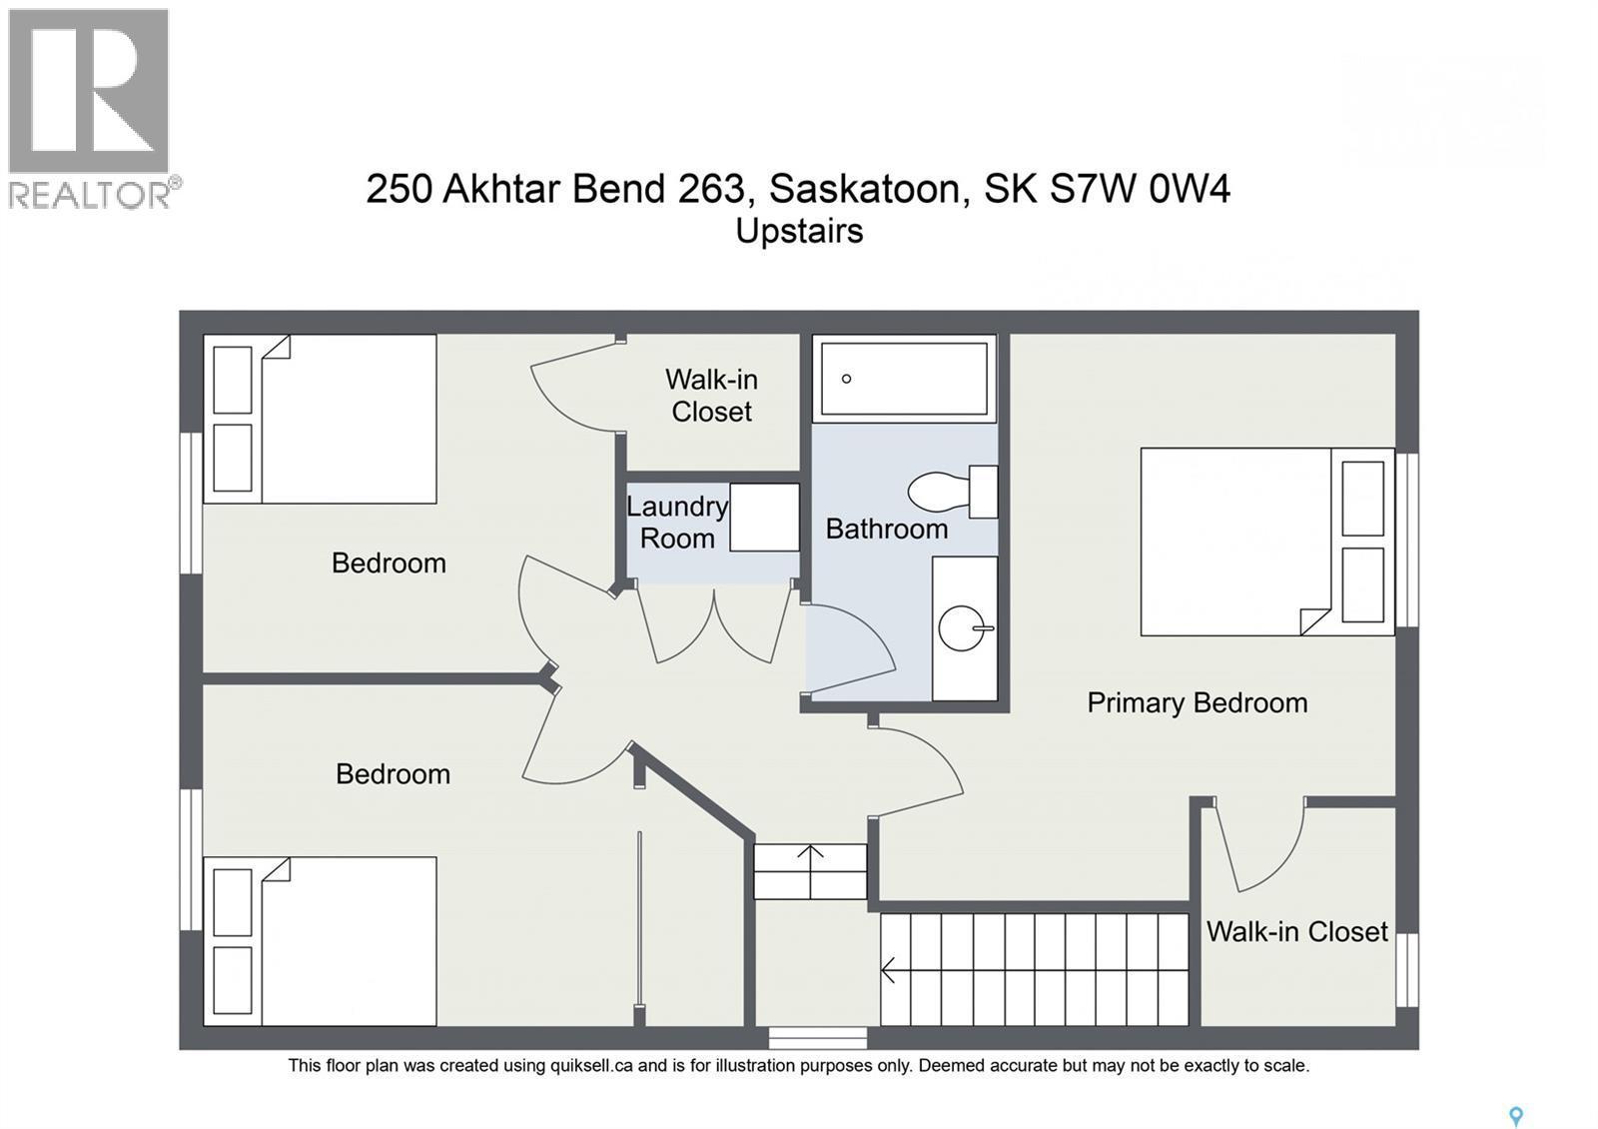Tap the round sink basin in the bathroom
(x=962, y=628)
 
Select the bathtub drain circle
(x=846, y=379)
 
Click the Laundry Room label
(x=677, y=523)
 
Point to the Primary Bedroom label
(x=1197, y=702)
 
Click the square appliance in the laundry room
(x=764, y=517)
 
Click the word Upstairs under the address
(x=799, y=231)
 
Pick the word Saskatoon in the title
(x=865, y=188)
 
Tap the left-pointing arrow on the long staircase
(x=888, y=968)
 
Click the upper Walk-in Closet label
(x=711, y=396)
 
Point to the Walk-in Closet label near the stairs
(x=1296, y=931)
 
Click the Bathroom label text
(x=886, y=529)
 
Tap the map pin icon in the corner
(x=1515, y=1116)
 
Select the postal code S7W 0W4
(x=1139, y=188)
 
